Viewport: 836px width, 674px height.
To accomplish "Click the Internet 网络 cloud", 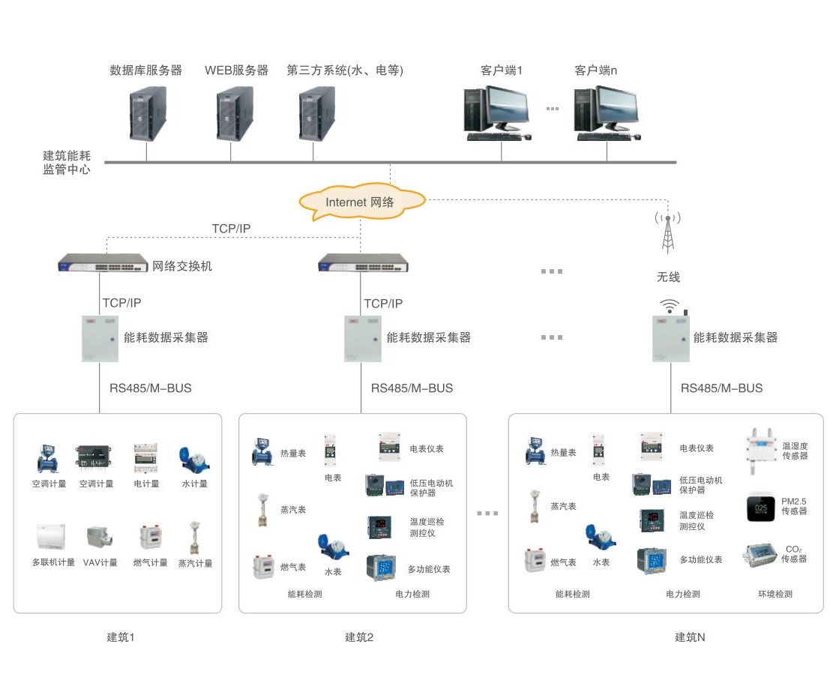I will point(361,202).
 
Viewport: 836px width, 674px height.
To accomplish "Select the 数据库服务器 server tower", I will point(148,113).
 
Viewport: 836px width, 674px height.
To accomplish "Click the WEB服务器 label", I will point(236,70).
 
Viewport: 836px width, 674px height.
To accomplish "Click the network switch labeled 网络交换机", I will point(103,263).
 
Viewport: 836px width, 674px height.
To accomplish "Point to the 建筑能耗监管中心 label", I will point(67,163).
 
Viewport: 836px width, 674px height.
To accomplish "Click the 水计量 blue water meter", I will point(193,458).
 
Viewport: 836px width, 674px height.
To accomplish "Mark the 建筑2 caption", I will point(359,637).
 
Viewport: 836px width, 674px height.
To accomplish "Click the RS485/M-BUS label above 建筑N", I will point(721,388).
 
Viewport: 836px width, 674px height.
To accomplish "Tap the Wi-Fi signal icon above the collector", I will point(670,305).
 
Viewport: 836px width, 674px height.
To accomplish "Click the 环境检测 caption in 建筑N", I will point(775,594).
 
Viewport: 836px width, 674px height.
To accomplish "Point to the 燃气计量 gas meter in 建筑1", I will point(149,538).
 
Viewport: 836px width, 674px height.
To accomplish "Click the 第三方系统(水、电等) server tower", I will point(316,113).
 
